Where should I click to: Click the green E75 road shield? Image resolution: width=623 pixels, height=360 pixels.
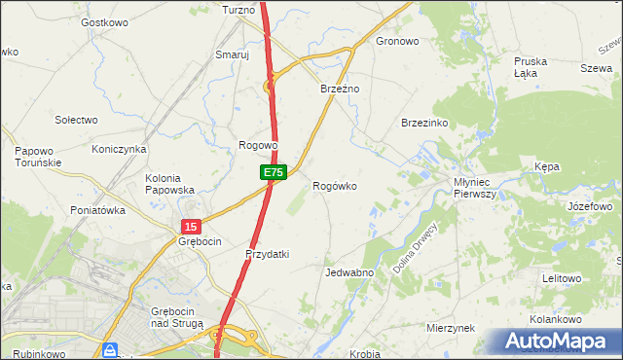(x=273, y=172)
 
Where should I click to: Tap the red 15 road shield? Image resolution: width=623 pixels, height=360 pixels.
(x=189, y=225)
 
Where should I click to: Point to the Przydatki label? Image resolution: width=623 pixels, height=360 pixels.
(x=268, y=254)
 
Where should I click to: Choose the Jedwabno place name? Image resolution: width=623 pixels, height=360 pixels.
(x=349, y=272)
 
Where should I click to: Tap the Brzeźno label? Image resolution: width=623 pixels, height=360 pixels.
(x=341, y=89)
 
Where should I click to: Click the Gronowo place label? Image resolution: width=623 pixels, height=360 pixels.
(x=397, y=42)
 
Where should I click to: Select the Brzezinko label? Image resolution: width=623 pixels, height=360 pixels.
(x=423, y=123)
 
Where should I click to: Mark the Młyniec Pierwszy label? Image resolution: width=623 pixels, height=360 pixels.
(x=475, y=188)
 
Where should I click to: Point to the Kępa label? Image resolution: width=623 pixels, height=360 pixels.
(x=547, y=167)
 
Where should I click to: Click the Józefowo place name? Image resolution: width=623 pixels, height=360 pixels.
(x=589, y=207)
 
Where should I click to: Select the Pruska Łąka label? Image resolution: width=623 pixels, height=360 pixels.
(x=531, y=67)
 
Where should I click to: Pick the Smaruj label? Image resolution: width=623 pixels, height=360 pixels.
(x=233, y=55)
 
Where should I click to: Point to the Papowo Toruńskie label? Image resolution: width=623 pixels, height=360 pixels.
(x=39, y=157)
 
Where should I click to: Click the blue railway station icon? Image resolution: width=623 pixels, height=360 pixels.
(x=111, y=349)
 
